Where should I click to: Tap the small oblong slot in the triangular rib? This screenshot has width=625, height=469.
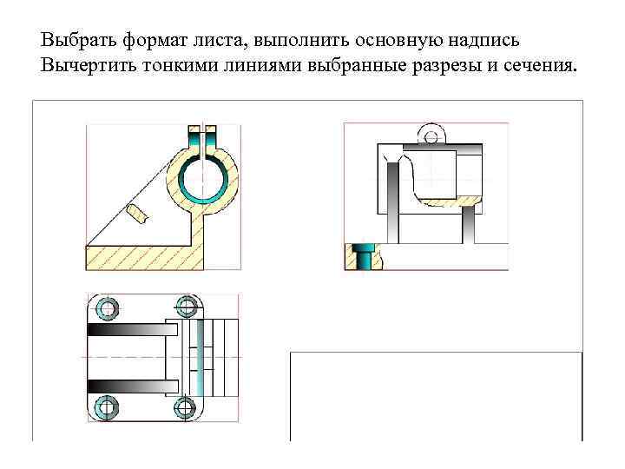pos(137,211)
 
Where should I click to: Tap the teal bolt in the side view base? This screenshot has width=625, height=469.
pos(366,256)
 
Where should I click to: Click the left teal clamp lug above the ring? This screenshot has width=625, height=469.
pos(194,138)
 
